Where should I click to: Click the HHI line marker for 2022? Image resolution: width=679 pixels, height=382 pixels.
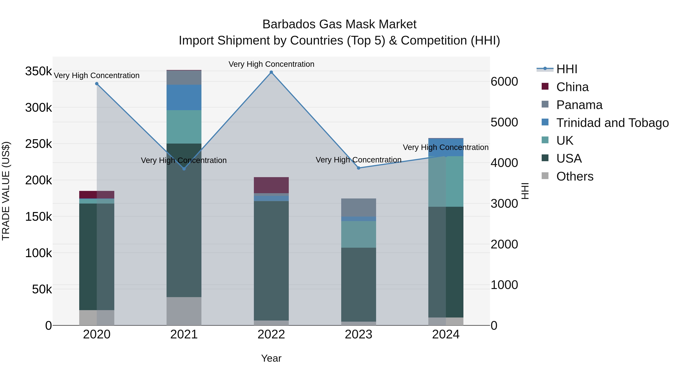click(x=271, y=72)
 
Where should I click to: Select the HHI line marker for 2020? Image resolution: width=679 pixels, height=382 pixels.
click(x=97, y=84)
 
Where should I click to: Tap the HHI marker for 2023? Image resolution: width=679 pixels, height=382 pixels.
click(x=359, y=168)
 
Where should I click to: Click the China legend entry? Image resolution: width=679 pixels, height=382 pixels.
click(x=572, y=87)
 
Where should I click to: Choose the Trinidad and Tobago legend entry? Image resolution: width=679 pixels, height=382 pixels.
click(x=612, y=123)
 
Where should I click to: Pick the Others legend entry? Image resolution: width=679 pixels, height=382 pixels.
click(x=575, y=176)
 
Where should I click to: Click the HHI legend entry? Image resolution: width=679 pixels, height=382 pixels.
click(x=567, y=69)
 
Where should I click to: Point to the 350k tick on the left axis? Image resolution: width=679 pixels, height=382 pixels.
click(x=38, y=71)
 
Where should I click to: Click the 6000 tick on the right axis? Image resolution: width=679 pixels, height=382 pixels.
click(x=504, y=81)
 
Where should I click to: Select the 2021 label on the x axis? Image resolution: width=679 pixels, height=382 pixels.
click(x=184, y=334)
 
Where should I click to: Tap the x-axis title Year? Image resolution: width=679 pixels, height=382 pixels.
click(x=271, y=358)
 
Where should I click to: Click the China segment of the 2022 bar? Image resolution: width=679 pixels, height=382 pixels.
click(x=271, y=185)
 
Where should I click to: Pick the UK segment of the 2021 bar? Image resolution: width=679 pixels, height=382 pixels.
click(x=184, y=127)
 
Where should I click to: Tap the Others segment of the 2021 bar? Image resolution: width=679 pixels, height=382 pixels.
click(x=184, y=311)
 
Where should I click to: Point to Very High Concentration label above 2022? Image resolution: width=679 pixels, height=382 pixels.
click(x=271, y=64)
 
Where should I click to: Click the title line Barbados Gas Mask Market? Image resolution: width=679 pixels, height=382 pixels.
click(x=339, y=24)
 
